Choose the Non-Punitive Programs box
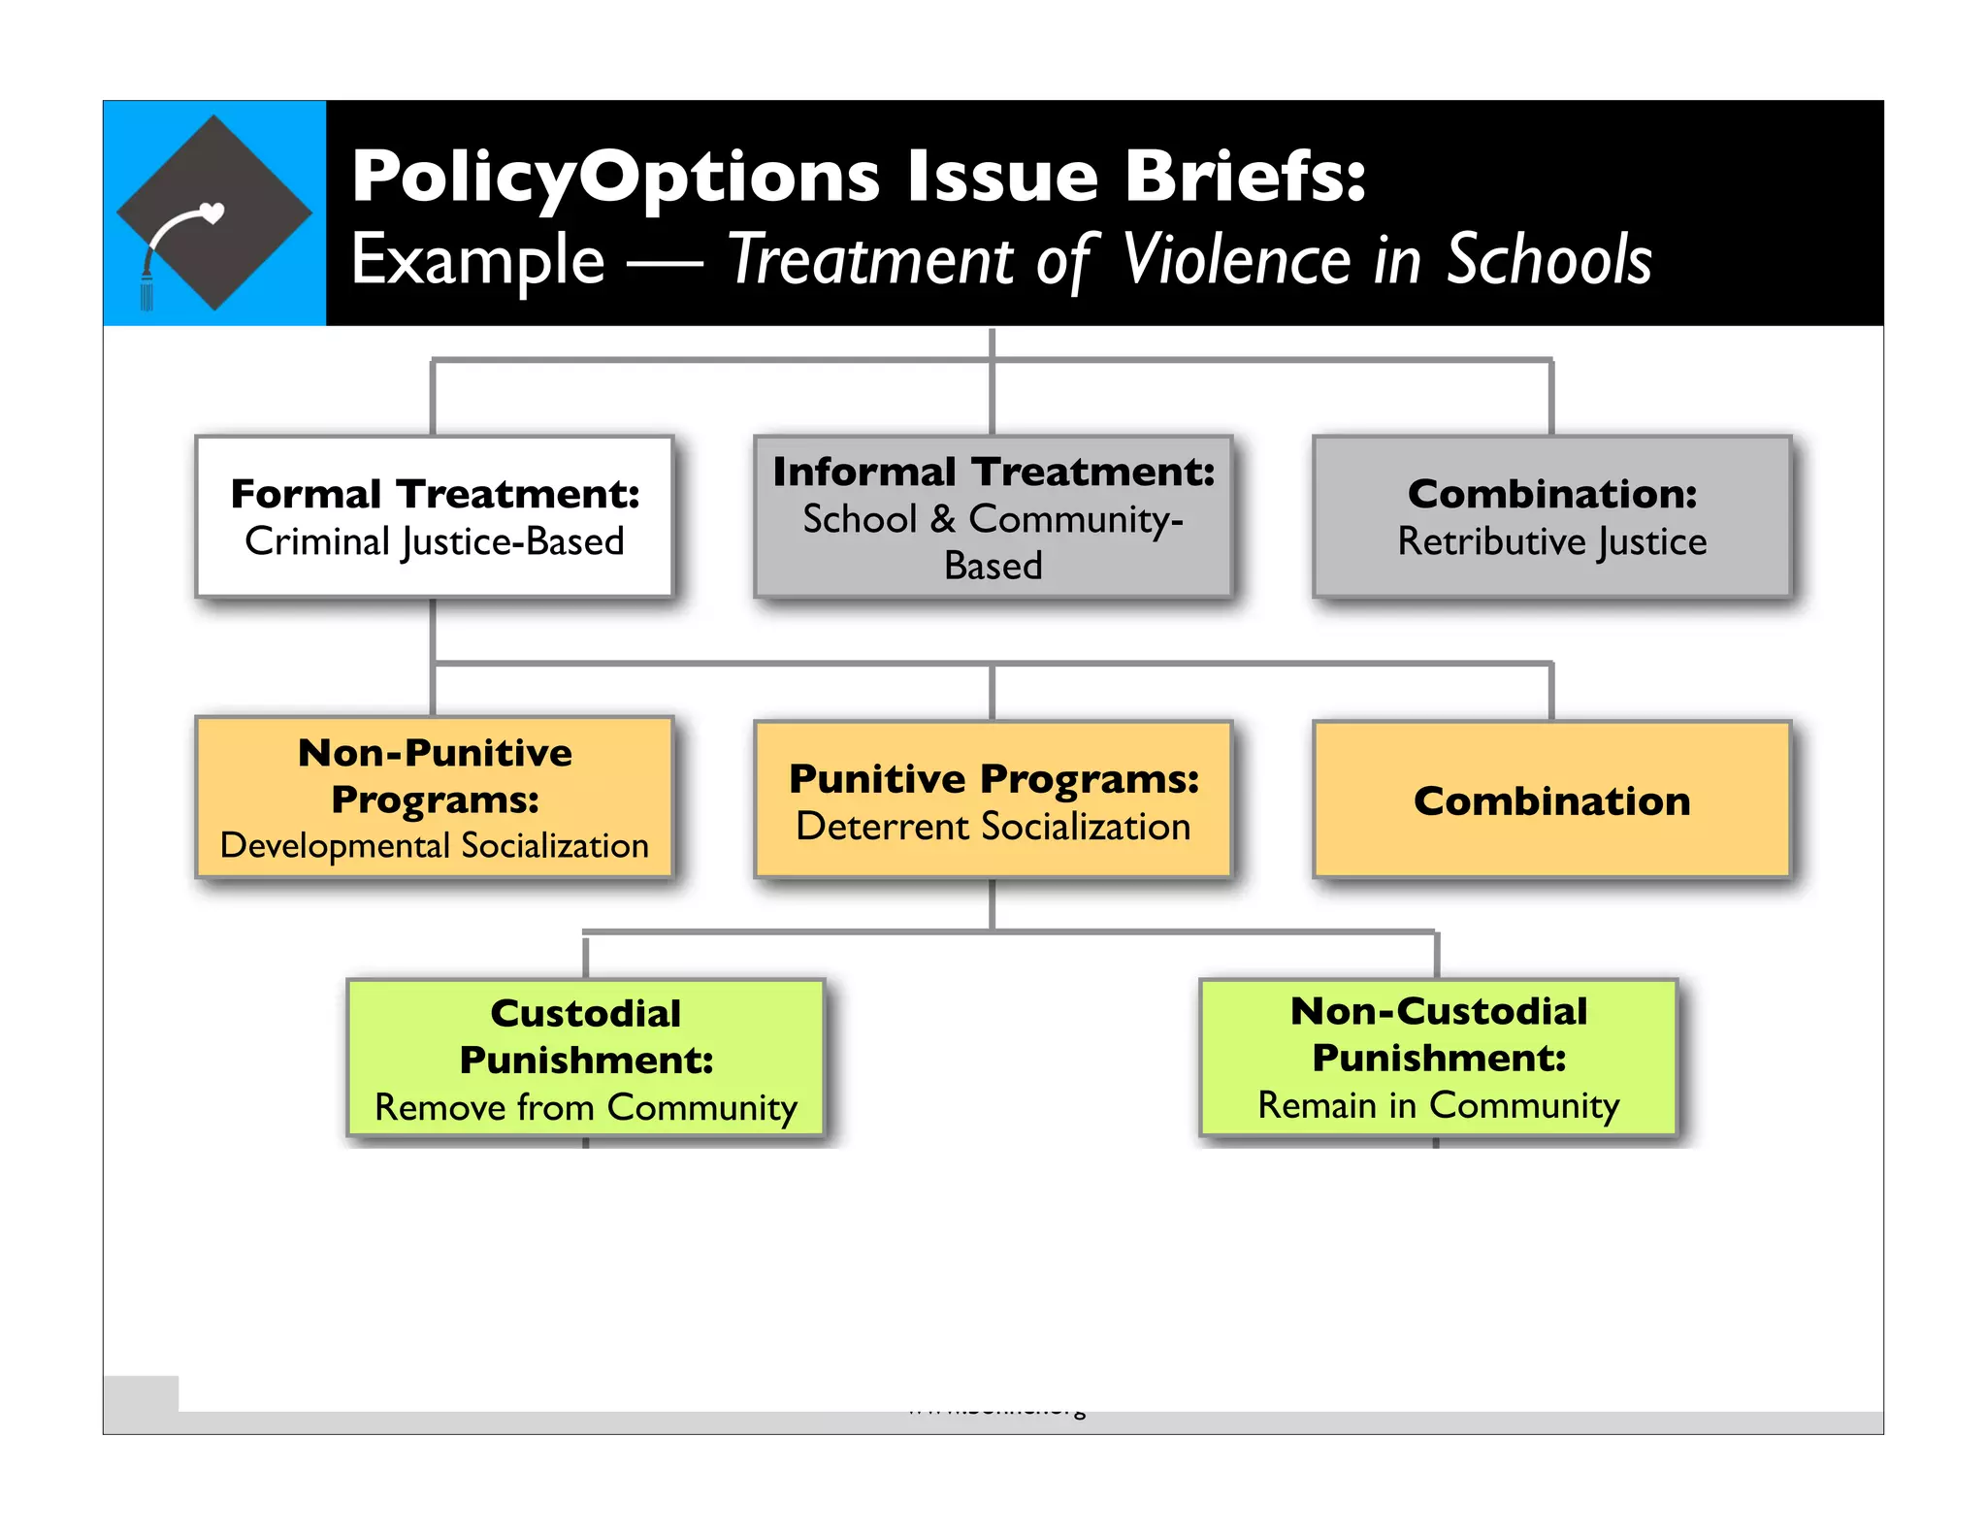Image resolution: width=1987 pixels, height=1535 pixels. pos(434,798)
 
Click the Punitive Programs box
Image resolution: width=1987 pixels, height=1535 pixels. pos(993,800)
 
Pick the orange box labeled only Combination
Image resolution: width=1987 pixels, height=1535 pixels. pos(1551,800)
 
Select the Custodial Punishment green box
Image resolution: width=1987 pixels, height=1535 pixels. pos(585,1058)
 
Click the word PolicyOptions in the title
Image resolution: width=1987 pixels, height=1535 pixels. pos(615,178)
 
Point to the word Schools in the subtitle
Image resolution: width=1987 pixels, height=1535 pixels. pos(1548,260)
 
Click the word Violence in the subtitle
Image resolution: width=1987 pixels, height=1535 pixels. pos(1237,260)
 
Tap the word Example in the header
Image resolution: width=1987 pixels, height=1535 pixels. pos(477,260)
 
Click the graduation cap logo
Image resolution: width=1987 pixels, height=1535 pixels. pos(214,212)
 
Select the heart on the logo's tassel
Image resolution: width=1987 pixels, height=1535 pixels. pos(211,212)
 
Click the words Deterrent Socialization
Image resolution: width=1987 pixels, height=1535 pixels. pos(993,827)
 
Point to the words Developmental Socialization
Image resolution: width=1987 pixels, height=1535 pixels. pos(434,845)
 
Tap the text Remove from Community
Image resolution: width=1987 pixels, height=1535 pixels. pos(585,1107)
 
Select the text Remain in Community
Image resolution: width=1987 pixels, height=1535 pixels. pos(1438,1105)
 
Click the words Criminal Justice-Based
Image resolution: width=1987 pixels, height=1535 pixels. pos(434,541)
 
